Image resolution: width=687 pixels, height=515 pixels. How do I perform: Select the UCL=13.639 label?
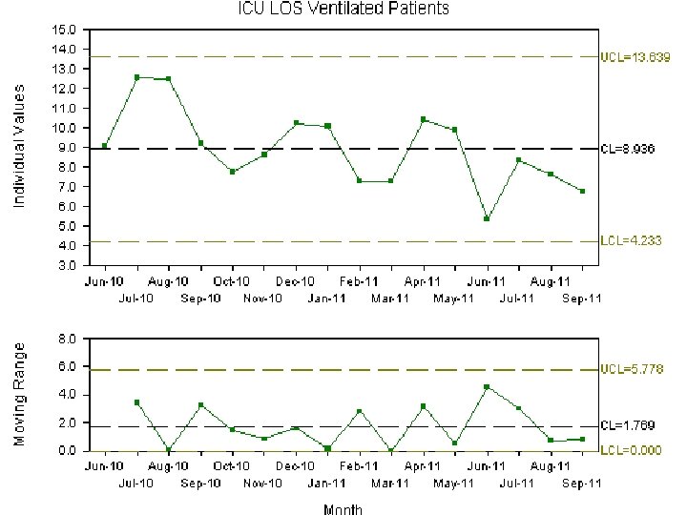[x=634, y=57]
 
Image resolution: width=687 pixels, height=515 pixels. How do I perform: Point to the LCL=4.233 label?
[x=631, y=240]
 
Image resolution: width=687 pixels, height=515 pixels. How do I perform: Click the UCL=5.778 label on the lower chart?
[x=631, y=369]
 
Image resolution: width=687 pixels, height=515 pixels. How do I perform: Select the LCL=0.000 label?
[x=631, y=449]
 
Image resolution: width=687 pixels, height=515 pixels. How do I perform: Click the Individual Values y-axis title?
[x=20, y=145]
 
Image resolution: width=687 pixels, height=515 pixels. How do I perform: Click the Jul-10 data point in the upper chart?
[x=137, y=77]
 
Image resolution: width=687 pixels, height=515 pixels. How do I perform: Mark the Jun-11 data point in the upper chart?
[x=487, y=218]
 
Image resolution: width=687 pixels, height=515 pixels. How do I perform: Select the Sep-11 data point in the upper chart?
[x=582, y=191]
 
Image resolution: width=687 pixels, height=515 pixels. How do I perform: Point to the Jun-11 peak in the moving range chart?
[x=487, y=386]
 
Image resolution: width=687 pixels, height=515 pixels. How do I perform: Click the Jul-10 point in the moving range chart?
[x=137, y=402]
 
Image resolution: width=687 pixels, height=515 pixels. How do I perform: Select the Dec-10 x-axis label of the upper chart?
[x=296, y=281]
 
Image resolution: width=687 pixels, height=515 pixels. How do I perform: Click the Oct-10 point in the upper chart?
[x=232, y=172]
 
